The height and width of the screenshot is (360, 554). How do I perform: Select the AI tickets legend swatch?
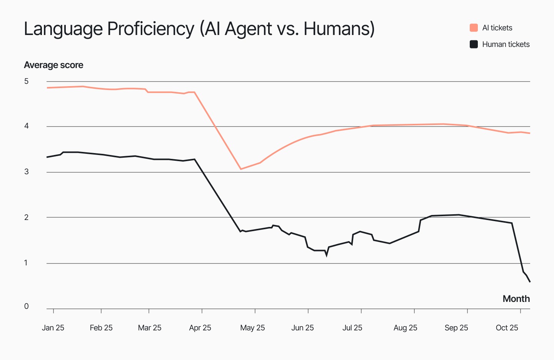click(474, 28)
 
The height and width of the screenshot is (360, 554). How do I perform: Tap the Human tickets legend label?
click(506, 44)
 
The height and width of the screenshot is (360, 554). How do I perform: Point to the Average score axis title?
click(53, 65)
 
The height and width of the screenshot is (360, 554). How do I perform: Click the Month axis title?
click(516, 299)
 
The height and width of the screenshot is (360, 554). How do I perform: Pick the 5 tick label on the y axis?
click(26, 81)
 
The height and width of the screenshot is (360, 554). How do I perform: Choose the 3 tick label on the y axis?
click(26, 172)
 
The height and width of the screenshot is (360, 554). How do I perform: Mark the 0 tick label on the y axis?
click(26, 306)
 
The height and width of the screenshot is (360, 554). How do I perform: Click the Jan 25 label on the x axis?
click(53, 328)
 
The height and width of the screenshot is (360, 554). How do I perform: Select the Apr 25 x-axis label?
click(200, 328)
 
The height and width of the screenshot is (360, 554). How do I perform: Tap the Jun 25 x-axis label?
click(302, 328)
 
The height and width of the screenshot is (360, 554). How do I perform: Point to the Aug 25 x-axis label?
click(405, 328)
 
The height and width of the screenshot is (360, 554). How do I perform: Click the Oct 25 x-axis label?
click(507, 328)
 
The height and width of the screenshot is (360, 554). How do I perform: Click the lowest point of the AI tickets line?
click(241, 169)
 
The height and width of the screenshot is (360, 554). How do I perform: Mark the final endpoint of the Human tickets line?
click(530, 282)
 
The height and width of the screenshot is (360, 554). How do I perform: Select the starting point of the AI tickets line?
click(47, 88)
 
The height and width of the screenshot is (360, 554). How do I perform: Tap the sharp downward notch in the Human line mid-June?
click(327, 255)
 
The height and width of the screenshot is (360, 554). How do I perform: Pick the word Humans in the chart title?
click(337, 29)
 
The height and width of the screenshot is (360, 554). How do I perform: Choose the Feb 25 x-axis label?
click(101, 328)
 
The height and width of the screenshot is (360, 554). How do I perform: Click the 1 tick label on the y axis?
click(26, 263)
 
